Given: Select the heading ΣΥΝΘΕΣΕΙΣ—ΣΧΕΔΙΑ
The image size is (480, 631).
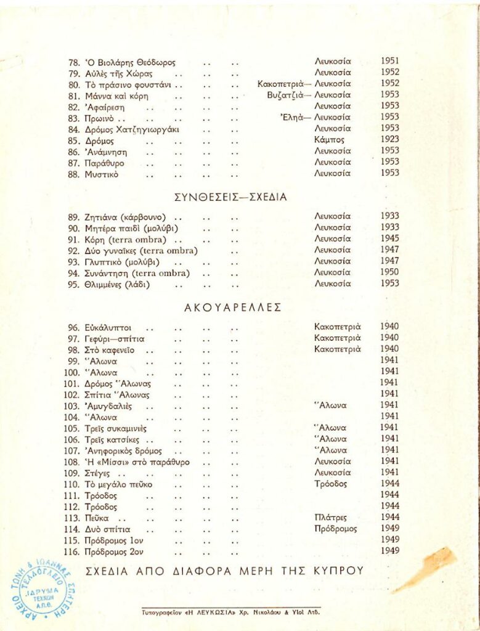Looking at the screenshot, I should point(231,197).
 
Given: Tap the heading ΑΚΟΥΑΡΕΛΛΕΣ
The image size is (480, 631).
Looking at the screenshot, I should point(233,307).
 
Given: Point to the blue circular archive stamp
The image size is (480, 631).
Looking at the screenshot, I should point(43,589).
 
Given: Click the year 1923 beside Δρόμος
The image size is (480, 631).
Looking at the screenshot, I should point(389,140).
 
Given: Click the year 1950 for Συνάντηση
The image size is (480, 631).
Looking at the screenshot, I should point(389,272).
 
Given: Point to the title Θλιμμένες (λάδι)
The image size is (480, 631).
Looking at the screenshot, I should point(117,284).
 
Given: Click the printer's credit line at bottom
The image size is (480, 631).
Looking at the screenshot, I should point(230,613).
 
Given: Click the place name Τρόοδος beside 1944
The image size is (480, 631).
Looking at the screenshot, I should point(330,484).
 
